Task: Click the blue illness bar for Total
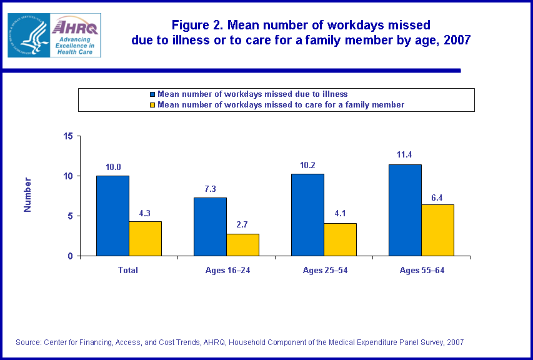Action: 112,216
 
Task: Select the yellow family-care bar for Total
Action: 145,238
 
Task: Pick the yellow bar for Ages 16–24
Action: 242,244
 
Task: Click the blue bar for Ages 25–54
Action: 307,214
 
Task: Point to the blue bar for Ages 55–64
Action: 405,210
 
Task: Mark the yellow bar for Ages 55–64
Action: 437,230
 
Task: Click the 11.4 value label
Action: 404,155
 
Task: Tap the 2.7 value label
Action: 242,224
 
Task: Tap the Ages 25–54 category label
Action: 324,270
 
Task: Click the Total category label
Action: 128,270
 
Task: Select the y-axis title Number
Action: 27,195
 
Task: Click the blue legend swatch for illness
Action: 153,94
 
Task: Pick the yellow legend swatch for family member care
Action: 153,105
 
